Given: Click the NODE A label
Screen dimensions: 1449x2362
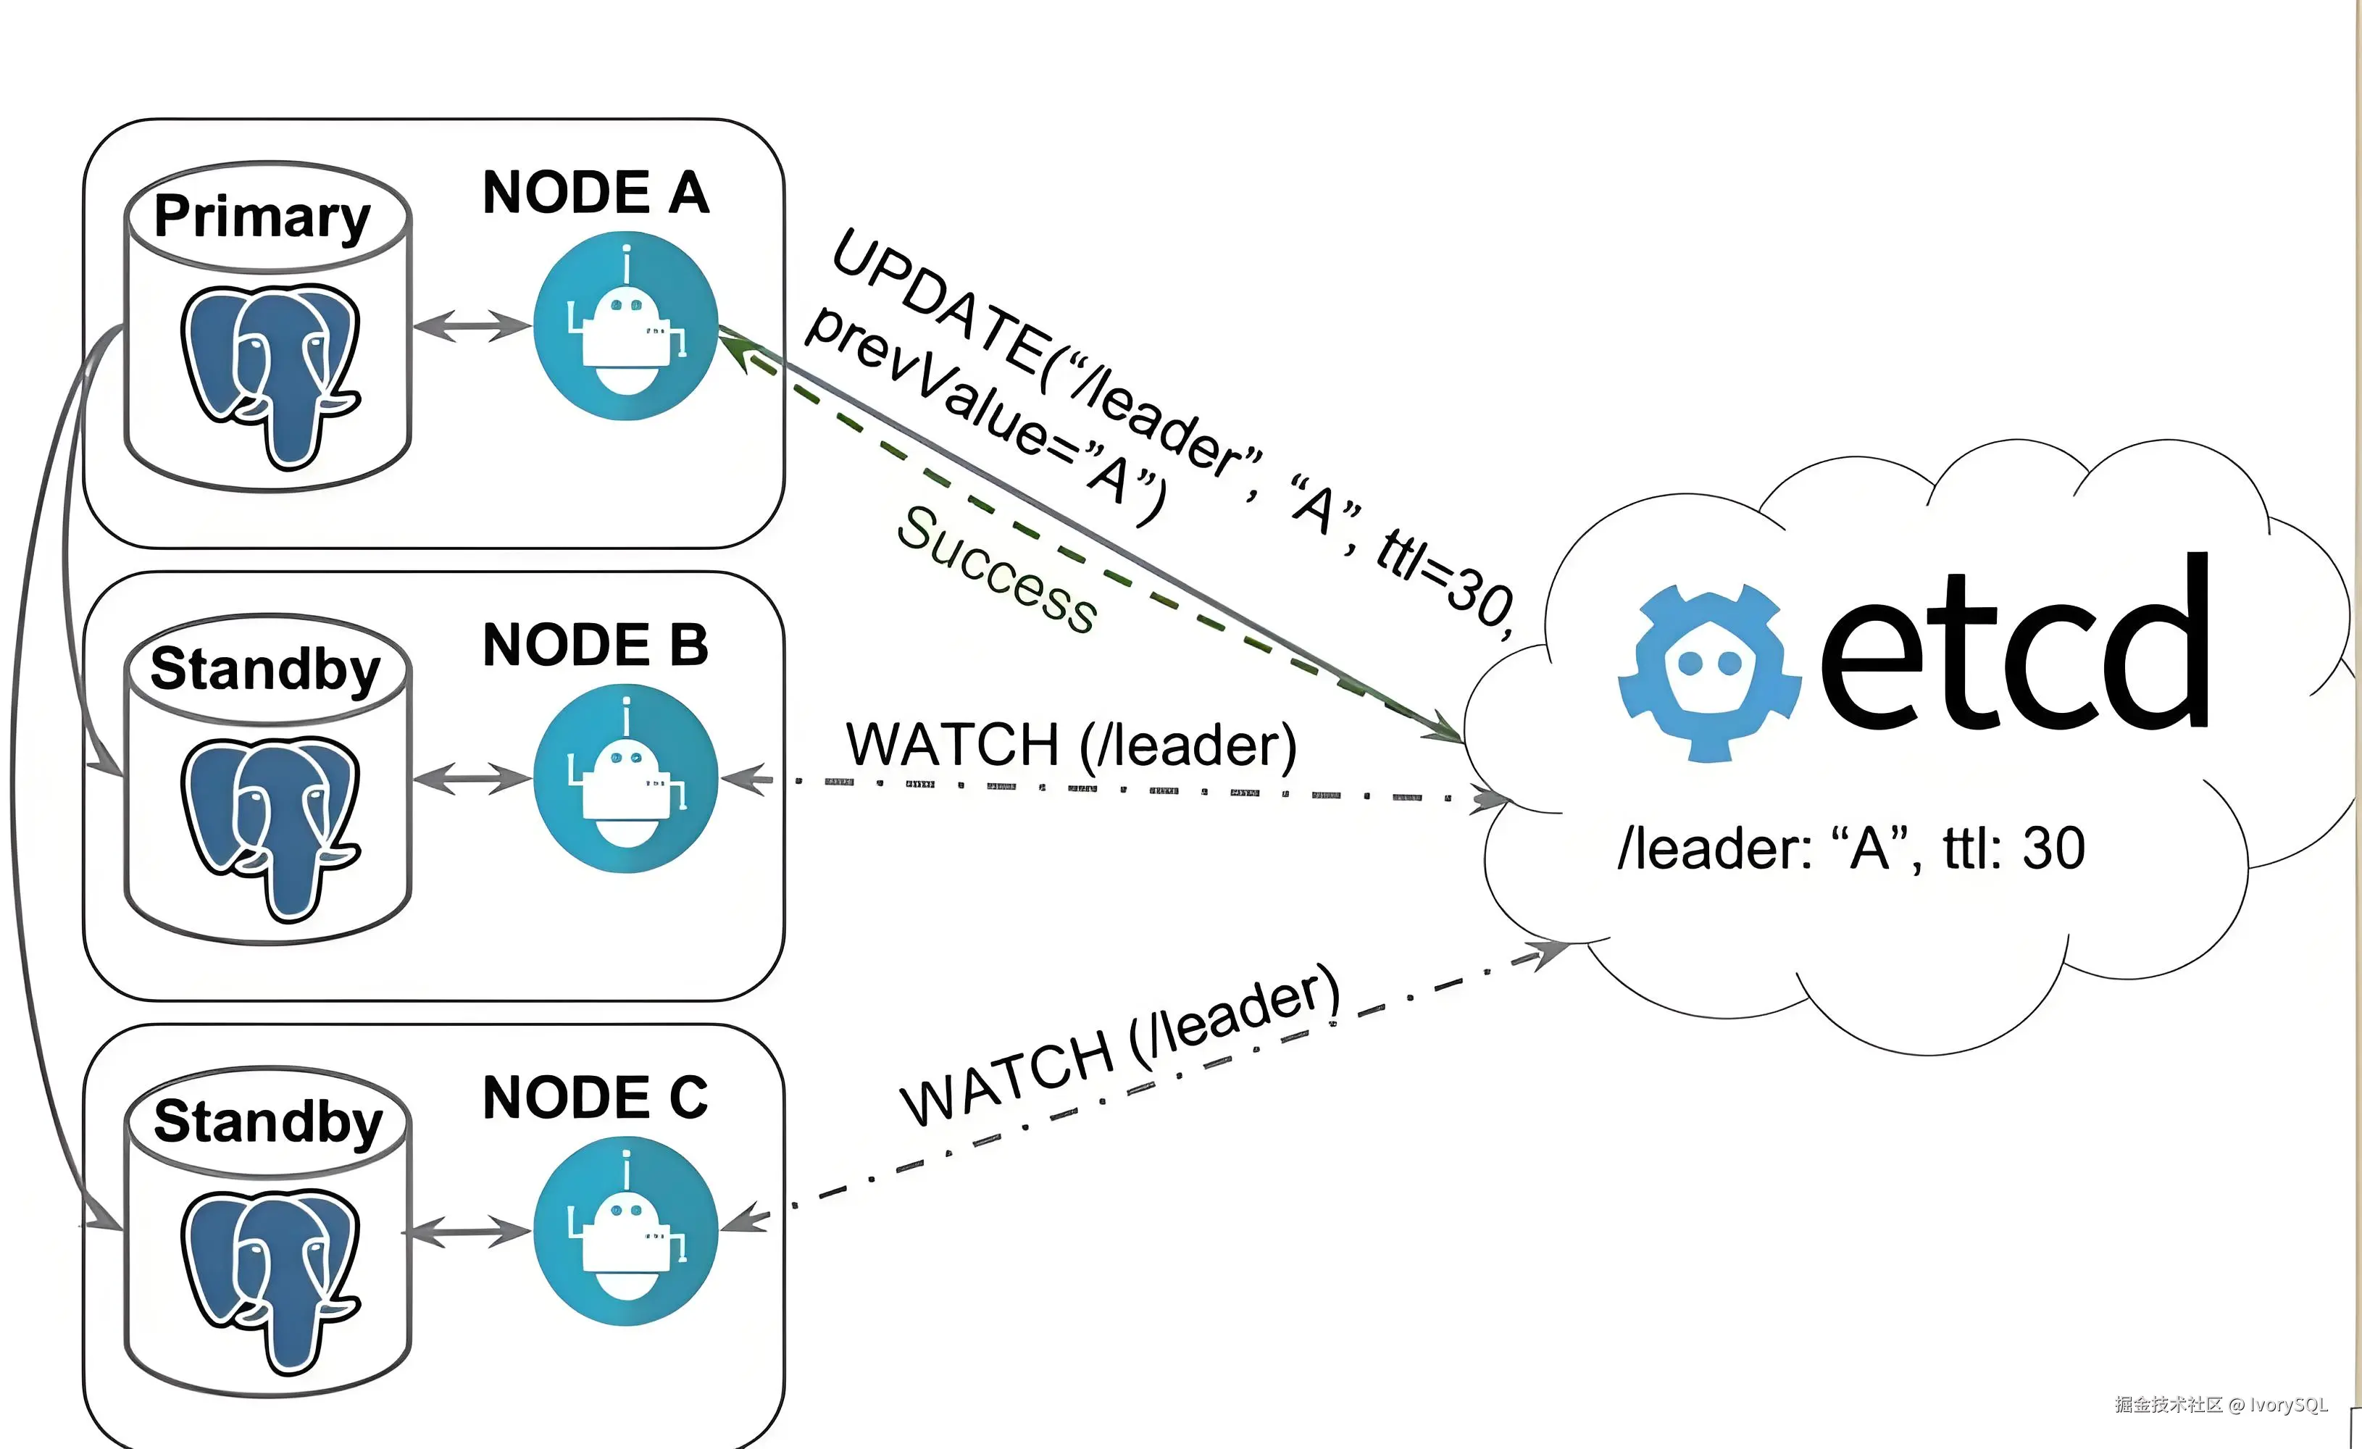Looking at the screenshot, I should tap(596, 193).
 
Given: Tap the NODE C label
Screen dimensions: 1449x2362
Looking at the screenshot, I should tap(596, 1098).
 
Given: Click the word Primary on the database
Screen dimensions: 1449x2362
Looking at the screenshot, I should tap(262, 217).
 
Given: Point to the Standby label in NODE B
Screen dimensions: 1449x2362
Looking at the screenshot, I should tap(265, 669).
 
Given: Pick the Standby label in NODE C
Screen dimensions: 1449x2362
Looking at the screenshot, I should tap(268, 1122).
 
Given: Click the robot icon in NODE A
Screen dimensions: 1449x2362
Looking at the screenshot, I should tap(625, 326).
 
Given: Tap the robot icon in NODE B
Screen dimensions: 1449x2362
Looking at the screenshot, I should tap(625, 778).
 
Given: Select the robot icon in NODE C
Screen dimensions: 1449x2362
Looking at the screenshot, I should tap(625, 1232).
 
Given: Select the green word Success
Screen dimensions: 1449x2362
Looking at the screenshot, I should tap(997, 569).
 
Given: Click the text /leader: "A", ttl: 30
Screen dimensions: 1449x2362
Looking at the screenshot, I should tap(1850, 849).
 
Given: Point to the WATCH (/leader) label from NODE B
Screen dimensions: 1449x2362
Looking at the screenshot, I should tap(1071, 746).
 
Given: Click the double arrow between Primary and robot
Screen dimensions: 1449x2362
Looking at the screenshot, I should tap(472, 326).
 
